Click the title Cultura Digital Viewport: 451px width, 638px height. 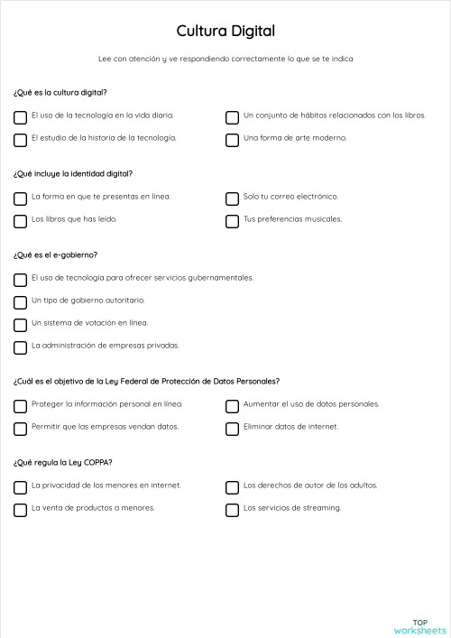pos(225,32)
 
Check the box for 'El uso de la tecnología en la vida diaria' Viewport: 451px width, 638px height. pos(20,117)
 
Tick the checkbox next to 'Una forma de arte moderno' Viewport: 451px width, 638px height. pos(232,140)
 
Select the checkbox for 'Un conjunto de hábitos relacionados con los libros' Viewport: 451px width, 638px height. pos(232,117)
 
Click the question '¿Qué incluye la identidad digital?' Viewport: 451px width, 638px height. pos(73,173)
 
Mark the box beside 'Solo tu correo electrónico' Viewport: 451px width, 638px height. pos(232,198)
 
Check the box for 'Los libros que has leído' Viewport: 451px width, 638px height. pos(20,221)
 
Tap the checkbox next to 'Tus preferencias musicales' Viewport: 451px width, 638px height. pos(232,221)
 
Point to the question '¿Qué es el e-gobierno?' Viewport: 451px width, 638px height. pos(55,254)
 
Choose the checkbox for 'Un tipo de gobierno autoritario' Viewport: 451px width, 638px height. pos(20,302)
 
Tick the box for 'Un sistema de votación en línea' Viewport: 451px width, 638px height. pos(20,325)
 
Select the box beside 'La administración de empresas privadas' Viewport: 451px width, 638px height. pos(20,347)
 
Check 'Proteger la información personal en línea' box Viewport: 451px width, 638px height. pos(20,406)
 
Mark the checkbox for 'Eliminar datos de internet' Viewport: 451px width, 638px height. pos(232,429)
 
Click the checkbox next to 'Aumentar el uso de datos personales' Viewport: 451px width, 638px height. pos(232,406)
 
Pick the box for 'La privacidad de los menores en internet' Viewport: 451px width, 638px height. pos(20,487)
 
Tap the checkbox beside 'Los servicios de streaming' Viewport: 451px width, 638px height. pos(232,510)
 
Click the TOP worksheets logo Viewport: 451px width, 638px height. pos(419,626)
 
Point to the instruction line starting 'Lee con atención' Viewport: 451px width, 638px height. pos(225,59)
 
